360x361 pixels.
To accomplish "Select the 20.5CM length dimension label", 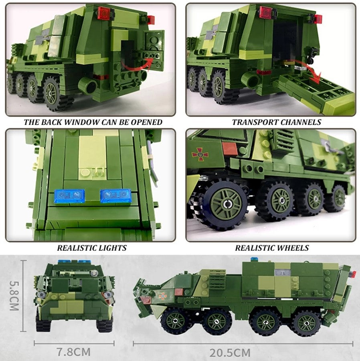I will pyautogui.click(x=230, y=353).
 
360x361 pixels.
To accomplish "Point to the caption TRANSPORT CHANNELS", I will pyautogui.click(x=277, y=122).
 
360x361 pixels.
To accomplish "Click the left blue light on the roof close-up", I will pyautogui.click(x=69, y=196).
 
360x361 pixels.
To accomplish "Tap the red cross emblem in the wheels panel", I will pyautogui.click(x=197, y=153).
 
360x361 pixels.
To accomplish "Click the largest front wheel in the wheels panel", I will pyautogui.click(x=224, y=203).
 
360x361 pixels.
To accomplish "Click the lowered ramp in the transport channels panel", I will pyautogui.click(x=317, y=94).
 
